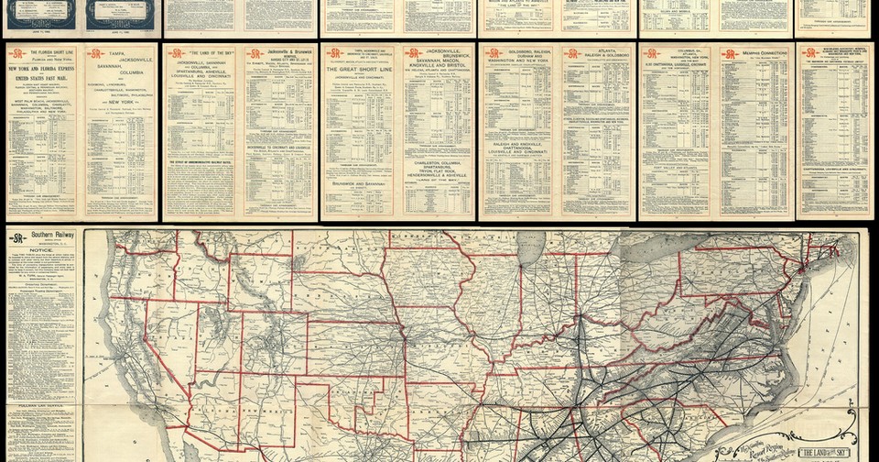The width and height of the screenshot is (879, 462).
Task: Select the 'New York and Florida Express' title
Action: tap(44, 68)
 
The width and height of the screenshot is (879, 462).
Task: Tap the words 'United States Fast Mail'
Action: tap(44, 82)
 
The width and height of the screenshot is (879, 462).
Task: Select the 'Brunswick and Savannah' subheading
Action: tap(361, 184)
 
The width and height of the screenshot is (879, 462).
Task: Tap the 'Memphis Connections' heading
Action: tap(755, 54)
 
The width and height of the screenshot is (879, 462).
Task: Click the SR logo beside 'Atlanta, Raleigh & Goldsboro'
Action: tap(571, 54)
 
